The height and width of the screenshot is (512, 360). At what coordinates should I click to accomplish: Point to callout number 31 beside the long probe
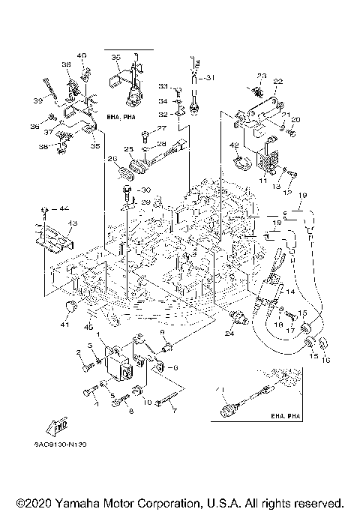click(x=209, y=77)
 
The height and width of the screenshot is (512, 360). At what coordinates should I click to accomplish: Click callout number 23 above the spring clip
click(x=262, y=76)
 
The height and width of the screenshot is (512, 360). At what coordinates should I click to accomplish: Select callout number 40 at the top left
click(x=82, y=55)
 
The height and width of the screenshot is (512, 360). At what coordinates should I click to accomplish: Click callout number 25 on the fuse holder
click(x=128, y=148)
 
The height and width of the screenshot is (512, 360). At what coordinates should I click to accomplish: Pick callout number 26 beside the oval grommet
click(x=112, y=158)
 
